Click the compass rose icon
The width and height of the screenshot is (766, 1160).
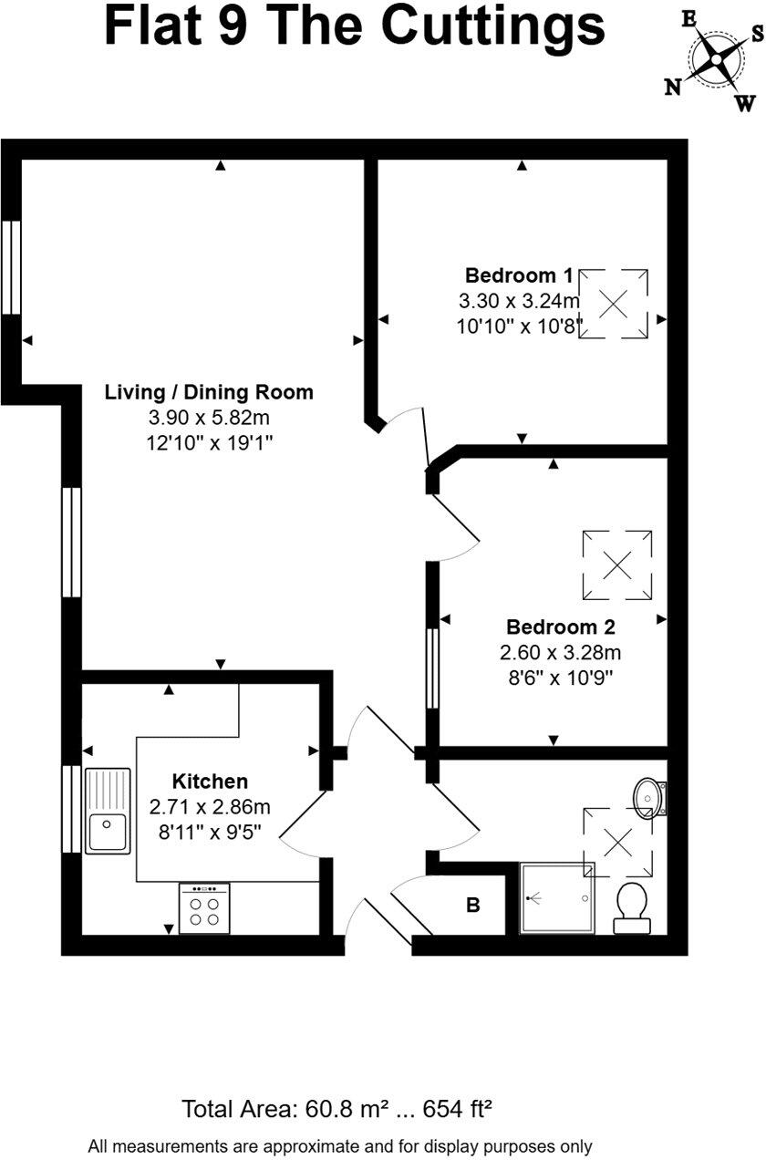coord(716,61)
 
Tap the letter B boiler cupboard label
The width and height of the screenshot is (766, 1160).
coord(473,906)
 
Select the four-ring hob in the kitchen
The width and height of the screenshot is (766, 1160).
coord(204,908)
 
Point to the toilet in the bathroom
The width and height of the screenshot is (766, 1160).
coord(631,907)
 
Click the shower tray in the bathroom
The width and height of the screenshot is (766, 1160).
coord(556,898)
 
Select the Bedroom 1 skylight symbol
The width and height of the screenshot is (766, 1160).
coord(614,303)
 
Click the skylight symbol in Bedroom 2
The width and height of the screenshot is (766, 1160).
coord(617,565)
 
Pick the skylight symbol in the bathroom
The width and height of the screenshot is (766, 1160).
coord(617,843)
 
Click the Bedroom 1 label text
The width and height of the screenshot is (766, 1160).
coord(519,275)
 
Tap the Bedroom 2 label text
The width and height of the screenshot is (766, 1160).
coord(561,627)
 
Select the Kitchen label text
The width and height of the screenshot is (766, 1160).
coord(211,782)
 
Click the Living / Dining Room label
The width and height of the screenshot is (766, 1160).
coord(209,393)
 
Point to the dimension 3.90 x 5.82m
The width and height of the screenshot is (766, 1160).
coord(209,418)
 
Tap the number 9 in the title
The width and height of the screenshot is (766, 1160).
coord(246,27)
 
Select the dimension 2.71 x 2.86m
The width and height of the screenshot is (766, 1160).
coord(211,806)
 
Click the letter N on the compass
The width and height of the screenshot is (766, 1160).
coord(673,87)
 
